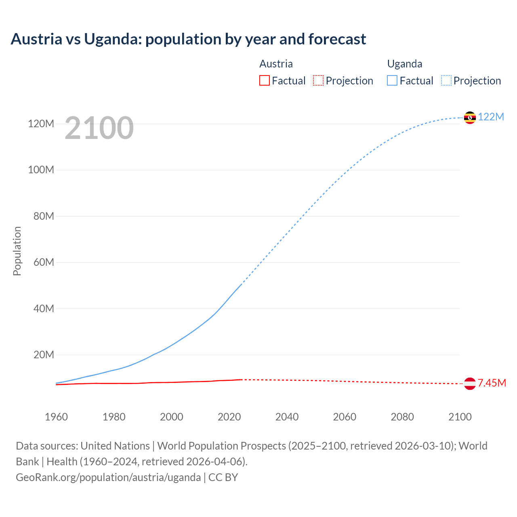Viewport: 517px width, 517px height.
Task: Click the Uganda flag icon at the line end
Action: point(470,118)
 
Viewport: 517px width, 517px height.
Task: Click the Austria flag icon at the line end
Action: point(470,383)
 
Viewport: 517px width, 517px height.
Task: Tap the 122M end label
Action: point(491,117)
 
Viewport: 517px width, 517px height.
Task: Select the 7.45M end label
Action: point(492,383)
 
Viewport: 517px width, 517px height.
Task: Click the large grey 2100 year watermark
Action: point(99,128)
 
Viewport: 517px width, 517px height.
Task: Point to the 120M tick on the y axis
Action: point(41,124)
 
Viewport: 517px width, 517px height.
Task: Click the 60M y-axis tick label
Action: point(44,263)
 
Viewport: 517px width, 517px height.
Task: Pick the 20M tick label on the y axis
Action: point(44,355)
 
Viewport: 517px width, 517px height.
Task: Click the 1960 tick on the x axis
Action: point(56,417)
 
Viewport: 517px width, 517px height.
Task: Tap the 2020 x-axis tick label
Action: point(229,417)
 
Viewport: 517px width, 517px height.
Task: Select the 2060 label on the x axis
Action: point(345,417)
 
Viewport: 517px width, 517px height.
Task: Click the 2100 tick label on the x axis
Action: point(460,417)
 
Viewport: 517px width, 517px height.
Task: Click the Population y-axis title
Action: point(17,251)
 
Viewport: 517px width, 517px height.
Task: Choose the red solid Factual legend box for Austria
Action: point(265,81)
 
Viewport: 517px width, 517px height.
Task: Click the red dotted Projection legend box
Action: point(318,81)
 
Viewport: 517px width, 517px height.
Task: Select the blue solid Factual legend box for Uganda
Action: point(392,81)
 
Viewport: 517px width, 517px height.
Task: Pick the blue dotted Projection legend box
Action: point(446,81)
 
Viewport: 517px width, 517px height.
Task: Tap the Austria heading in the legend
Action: point(276,64)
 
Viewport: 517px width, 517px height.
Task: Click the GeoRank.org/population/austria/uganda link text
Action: point(108,477)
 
